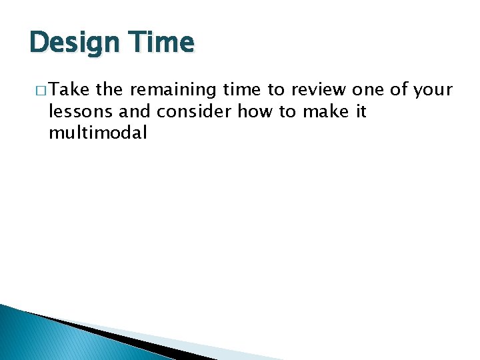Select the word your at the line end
pyautogui.click(x=433, y=90)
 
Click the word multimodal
pyautogui.click(x=97, y=133)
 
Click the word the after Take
pyautogui.click(x=109, y=90)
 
